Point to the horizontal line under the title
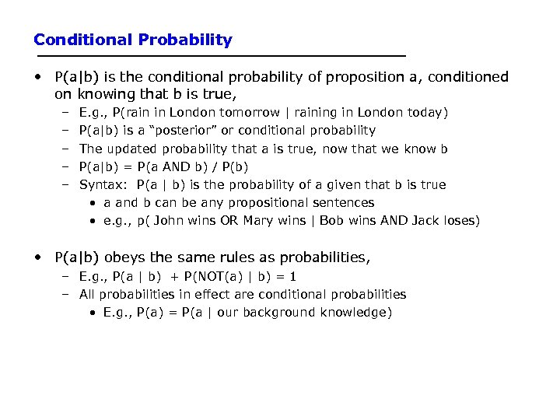coord(221,57)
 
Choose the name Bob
coord(331,220)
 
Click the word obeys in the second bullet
coord(120,257)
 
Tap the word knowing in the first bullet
coord(102,94)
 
